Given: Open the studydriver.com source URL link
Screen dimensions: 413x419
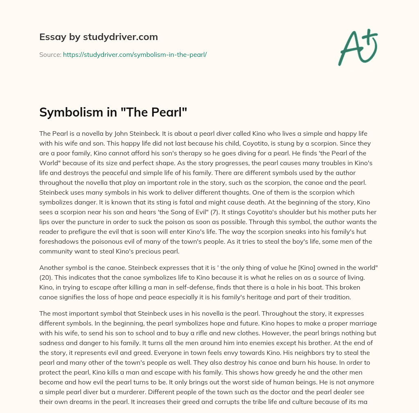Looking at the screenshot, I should click(135, 54).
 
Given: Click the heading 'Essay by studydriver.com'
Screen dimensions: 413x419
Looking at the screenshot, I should click(98, 37).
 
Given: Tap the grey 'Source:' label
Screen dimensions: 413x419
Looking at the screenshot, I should click(50, 54).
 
